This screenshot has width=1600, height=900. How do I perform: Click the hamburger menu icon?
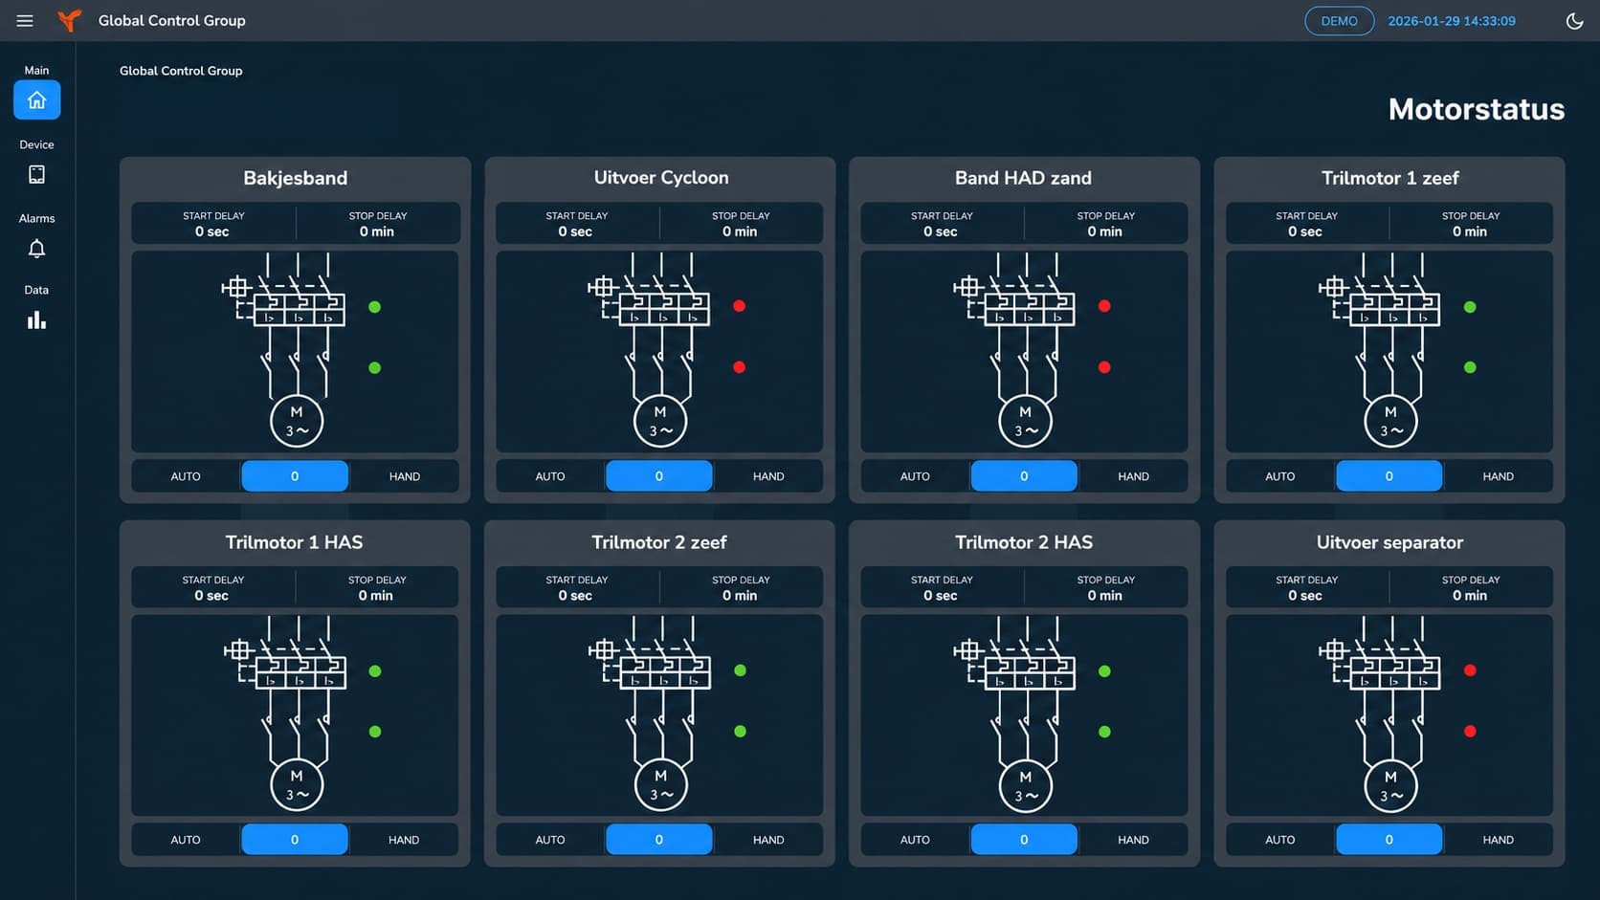pyautogui.click(x=25, y=21)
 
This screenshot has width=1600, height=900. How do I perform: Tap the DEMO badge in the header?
pyautogui.click(x=1339, y=21)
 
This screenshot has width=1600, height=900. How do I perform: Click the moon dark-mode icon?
pyautogui.click(x=1574, y=21)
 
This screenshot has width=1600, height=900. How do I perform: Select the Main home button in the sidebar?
pyautogui.click(x=36, y=99)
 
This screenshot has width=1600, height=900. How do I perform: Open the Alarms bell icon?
pyautogui.click(x=36, y=249)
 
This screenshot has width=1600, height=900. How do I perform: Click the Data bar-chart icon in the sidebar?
pyautogui.click(x=36, y=320)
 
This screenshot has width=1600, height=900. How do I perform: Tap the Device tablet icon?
pyautogui.click(x=36, y=174)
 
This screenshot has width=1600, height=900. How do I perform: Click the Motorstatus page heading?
pyautogui.click(x=1476, y=109)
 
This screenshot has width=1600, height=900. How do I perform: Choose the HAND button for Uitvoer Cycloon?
pyautogui.click(x=767, y=476)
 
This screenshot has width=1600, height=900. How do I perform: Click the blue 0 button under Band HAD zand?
pyautogui.click(x=1024, y=476)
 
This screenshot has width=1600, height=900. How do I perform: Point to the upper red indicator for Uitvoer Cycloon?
pyautogui.click(x=740, y=306)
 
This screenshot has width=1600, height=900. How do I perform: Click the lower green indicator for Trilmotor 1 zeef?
pyautogui.click(x=1470, y=367)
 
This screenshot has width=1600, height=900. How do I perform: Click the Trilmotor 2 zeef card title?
pyautogui.click(x=658, y=542)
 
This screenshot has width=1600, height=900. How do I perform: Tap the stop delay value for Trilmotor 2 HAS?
pyautogui.click(x=1104, y=595)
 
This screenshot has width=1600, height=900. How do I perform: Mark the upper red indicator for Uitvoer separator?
pyautogui.click(x=1470, y=670)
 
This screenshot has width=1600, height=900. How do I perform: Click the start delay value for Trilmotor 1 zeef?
pyautogui.click(x=1304, y=231)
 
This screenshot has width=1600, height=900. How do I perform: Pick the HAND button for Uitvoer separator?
pyautogui.click(x=1498, y=840)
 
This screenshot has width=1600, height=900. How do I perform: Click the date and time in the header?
pyautogui.click(x=1452, y=21)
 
